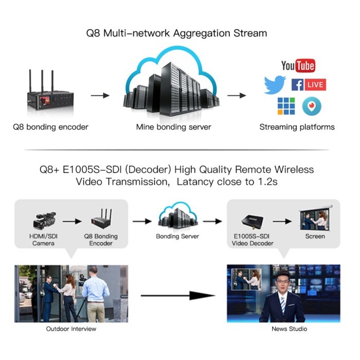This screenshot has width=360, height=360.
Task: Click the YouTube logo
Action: click(298, 66)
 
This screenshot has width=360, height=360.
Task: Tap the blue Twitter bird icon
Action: click(275, 85)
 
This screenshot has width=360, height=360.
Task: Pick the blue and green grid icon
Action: click(286, 105)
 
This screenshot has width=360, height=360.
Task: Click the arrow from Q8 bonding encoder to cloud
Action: click(100, 96)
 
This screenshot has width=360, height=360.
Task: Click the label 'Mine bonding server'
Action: click(173, 127)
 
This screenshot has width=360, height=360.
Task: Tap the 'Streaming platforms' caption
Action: click(297, 127)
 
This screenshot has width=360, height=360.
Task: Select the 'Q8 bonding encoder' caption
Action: click(50, 127)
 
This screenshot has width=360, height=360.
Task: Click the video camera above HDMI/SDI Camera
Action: click(43, 220)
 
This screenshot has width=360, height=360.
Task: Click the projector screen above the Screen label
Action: click(315, 218)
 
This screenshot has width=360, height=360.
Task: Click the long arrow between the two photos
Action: click(177, 295)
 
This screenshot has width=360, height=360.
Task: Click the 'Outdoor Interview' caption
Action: click(71, 329)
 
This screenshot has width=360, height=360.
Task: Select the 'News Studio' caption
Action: click(283, 329)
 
